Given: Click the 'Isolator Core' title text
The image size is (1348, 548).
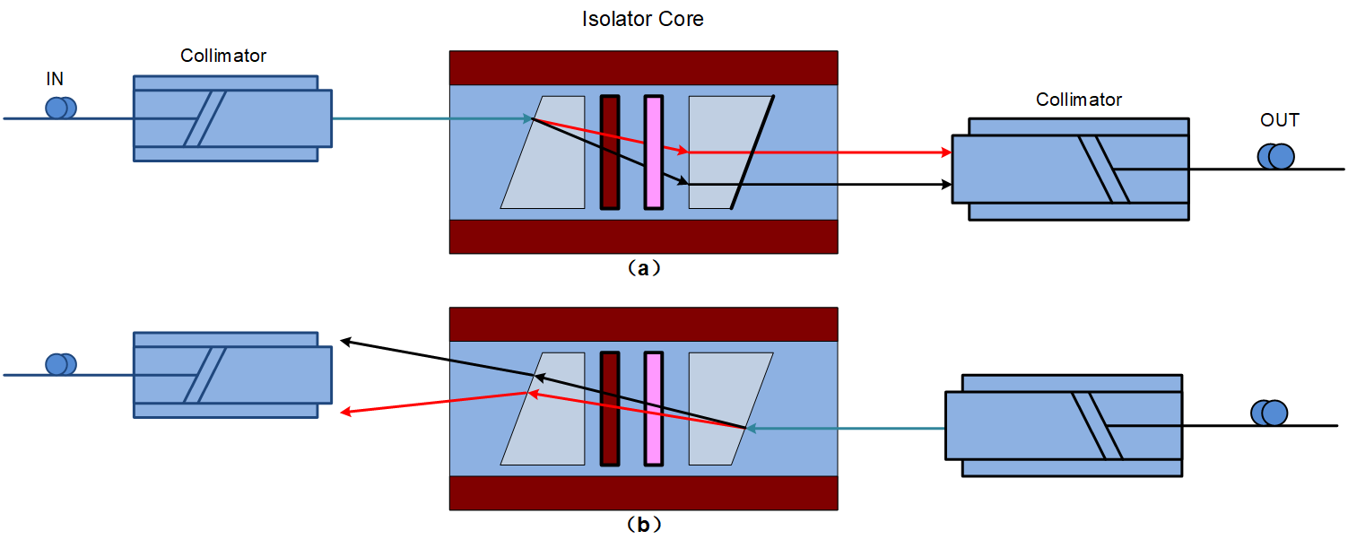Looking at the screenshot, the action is tap(643, 19).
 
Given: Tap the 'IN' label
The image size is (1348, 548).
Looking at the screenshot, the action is tap(55, 79).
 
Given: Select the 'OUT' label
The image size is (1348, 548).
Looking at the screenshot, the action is tap(1280, 120).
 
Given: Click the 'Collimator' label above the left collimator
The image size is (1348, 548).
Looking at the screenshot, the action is tap(223, 56).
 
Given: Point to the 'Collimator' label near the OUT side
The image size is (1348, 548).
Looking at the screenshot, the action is tap(1078, 100).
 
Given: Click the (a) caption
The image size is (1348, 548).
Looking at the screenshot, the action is tap(643, 268).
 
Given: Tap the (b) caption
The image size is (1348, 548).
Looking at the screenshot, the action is tap(643, 526).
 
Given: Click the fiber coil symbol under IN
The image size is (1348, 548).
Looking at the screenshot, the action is tap(61, 109).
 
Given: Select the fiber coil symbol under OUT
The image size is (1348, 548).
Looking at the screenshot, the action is tap(1275, 156).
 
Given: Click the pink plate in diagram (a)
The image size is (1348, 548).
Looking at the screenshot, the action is tap(654, 152).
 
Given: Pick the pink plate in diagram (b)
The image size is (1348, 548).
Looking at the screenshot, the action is tap(654, 409).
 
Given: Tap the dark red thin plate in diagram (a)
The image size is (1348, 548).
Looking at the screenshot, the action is tap(610, 152).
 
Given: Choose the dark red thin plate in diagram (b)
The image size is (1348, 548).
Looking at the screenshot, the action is tap(610, 409).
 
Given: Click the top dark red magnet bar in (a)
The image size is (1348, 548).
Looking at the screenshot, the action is tap(643, 68).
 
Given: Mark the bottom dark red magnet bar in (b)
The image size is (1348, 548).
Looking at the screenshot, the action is tap(643, 493).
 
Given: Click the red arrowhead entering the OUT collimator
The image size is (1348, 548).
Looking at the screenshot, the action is tap(946, 152).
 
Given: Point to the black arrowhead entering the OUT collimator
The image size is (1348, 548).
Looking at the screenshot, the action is tap(946, 184).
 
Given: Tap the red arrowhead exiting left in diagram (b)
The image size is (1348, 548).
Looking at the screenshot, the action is tap(346, 412).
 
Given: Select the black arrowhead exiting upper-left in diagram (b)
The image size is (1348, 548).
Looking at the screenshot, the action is tap(346, 342).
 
